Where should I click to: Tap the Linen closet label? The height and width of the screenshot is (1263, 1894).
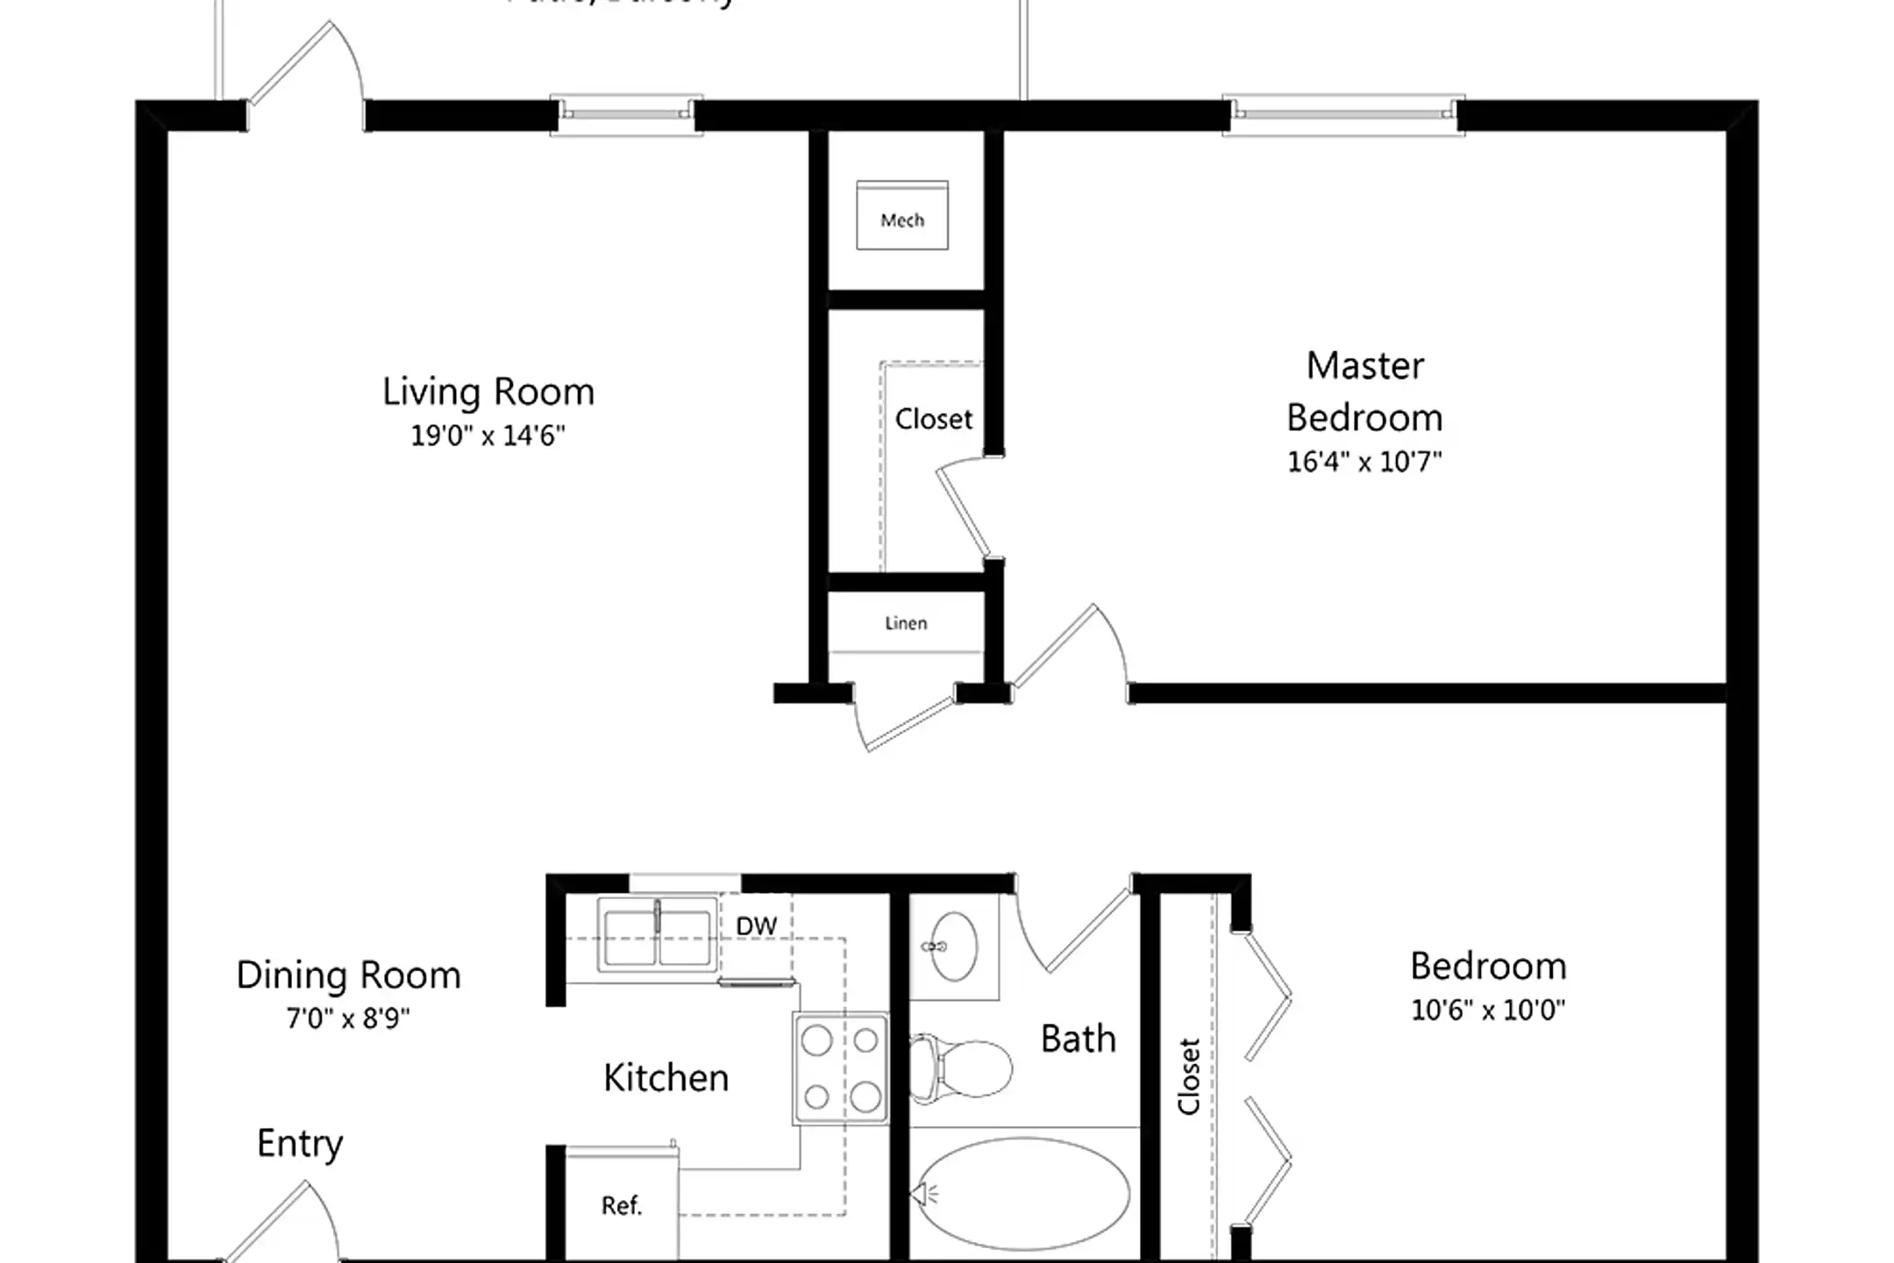pyautogui.click(x=905, y=624)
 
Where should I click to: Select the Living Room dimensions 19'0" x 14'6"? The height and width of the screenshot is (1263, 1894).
pyautogui.click(x=488, y=436)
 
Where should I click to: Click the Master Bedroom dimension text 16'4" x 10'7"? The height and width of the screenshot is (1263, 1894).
pyautogui.click(x=1364, y=462)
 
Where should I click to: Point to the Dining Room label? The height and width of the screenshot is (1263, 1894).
pyautogui.click(x=348, y=975)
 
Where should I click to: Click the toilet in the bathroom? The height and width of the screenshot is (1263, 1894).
pyautogui.click(x=963, y=1067)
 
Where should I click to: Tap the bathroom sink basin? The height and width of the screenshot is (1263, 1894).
pyautogui.click(x=954, y=946)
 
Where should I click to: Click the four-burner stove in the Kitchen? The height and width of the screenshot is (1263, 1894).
pyautogui.click(x=840, y=1068)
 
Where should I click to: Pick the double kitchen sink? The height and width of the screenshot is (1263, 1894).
pyautogui.click(x=656, y=934)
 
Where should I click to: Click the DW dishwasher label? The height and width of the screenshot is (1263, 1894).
pyautogui.click(x=756, y=926)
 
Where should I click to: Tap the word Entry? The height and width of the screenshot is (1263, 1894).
pyautogui.click(x=300, y=1144)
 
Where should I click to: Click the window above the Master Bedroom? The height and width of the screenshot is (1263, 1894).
pyautogui.click(x=1342, y=114)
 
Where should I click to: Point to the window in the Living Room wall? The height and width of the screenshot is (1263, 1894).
pyautogui.click(x=625, y=114)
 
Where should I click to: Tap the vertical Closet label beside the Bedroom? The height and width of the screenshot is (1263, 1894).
pyautogui.click(x=1188, y=1076)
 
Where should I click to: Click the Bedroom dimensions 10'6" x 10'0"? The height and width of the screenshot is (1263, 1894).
pyautogui.click(x=1487, y=1010)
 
